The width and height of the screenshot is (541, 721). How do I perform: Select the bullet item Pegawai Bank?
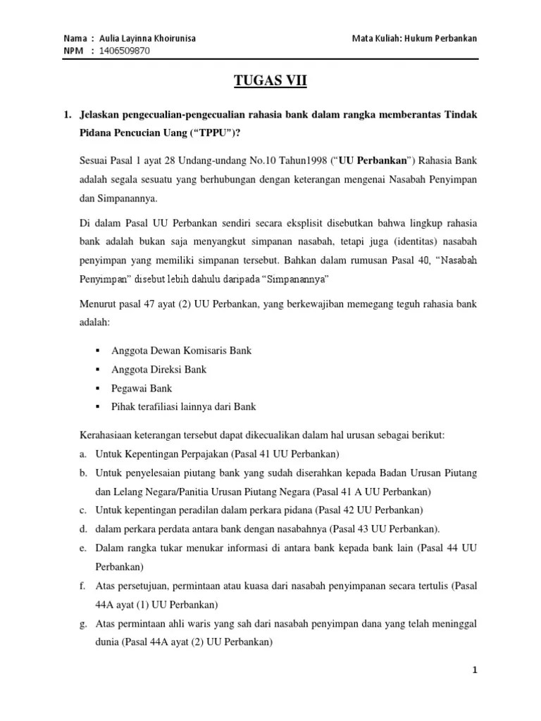pos(142,388)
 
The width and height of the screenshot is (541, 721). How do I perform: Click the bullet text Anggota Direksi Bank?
pos(158,369)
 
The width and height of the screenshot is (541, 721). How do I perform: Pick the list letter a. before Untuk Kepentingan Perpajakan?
pos(83,453)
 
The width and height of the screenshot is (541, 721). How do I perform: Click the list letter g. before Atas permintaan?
pos(83,624)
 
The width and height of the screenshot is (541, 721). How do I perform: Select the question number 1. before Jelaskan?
pos(68,115)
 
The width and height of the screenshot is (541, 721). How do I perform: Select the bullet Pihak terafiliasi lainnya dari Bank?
pos(183,406)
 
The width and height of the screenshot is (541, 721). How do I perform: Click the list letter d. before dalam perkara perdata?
pos(83,529)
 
